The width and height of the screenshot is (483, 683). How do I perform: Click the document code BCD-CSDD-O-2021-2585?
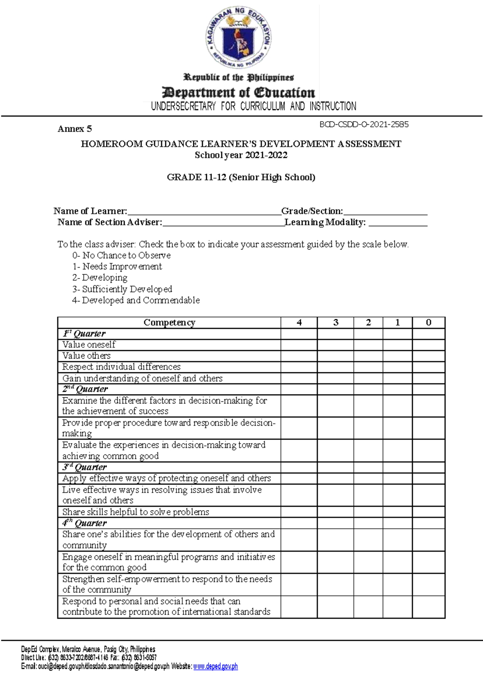364,125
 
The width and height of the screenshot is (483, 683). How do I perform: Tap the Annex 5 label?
75,129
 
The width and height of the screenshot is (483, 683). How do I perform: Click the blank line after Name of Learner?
204,213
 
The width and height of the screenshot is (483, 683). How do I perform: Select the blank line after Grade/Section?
385,213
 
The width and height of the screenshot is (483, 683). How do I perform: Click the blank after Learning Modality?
398,224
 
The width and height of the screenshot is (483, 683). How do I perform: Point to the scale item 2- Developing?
100,278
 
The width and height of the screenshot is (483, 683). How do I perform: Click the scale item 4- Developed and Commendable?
136,300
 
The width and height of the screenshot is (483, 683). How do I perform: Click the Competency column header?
169,322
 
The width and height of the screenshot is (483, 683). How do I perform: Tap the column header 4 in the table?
299,322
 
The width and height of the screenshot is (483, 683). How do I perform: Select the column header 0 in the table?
429,322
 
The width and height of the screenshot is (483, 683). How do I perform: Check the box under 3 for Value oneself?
335,345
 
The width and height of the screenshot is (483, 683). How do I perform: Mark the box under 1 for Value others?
397,356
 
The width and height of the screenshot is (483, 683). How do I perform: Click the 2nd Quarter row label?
85,389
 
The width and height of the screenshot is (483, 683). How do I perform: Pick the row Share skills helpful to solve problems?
136,512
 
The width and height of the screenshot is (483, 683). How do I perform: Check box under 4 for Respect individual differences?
299,367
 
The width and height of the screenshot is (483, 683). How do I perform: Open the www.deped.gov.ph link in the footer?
215,666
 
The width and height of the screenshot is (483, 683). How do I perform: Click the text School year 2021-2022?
241,155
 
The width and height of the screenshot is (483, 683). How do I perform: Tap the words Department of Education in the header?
238,93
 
